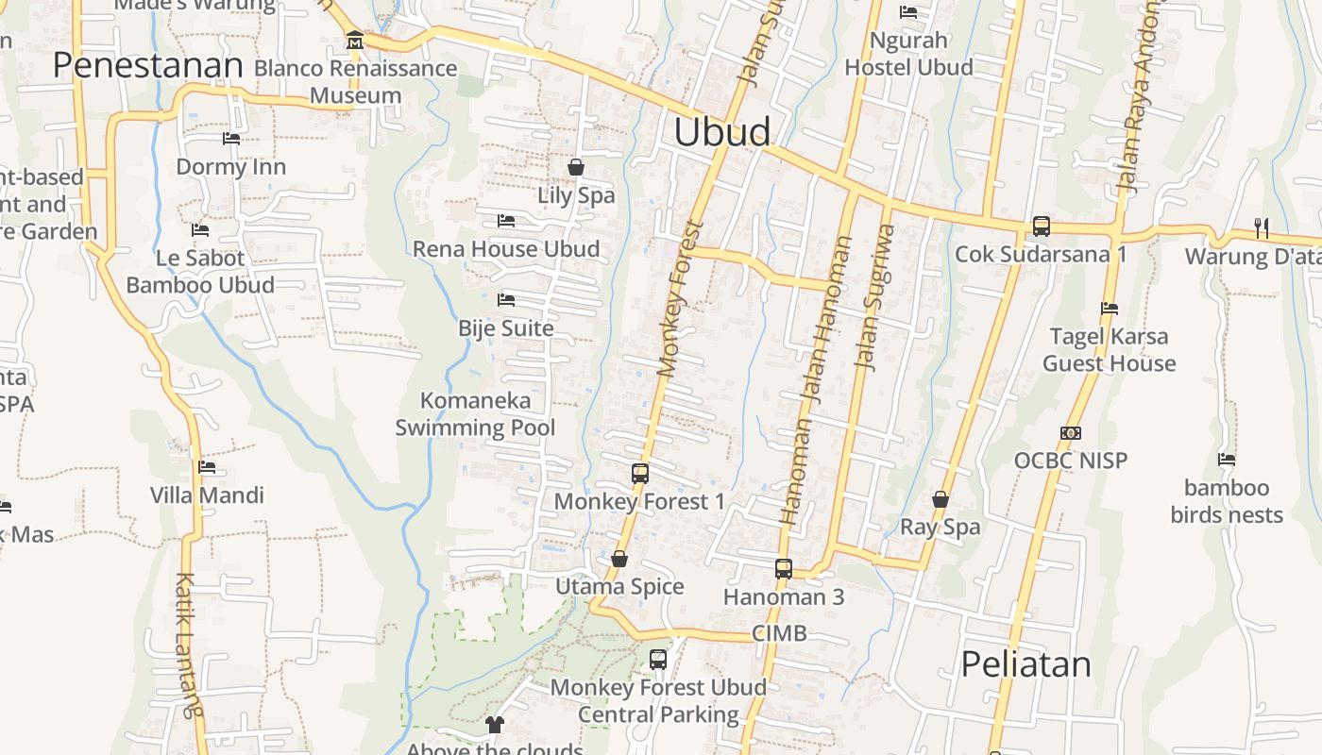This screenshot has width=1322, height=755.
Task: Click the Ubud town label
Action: pos(721,132)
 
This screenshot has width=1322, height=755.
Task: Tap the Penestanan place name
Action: pos(147,66)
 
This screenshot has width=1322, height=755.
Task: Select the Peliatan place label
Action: pos(1025,664)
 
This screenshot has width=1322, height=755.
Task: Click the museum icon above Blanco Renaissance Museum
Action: pos(355,41)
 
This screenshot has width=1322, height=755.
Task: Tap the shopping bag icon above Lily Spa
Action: pos(576,168)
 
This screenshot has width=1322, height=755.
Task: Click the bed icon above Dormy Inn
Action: pos(231,139)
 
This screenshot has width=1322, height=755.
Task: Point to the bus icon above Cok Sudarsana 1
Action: pos(1041,226)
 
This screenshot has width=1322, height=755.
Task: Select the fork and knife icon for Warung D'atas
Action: pos(1261,227)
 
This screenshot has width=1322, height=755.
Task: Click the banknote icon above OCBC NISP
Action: pos(1070,433)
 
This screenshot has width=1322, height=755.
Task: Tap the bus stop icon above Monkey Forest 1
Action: pos(639,474)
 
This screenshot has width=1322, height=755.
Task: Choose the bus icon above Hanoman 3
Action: pos(783,569)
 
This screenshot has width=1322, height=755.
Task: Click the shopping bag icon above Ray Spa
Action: pos(941,499)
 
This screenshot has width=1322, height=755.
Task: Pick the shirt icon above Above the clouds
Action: pos(495,725)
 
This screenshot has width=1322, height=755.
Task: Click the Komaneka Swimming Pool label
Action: pos(475,414)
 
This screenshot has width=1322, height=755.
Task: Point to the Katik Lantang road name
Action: pos(189,645)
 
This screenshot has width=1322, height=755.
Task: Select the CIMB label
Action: pos(779,633)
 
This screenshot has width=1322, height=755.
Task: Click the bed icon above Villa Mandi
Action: pos(207,467)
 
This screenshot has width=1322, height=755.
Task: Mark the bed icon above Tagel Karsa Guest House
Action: pos(1110,309)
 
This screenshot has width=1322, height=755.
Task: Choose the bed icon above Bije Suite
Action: pos(506,300)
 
